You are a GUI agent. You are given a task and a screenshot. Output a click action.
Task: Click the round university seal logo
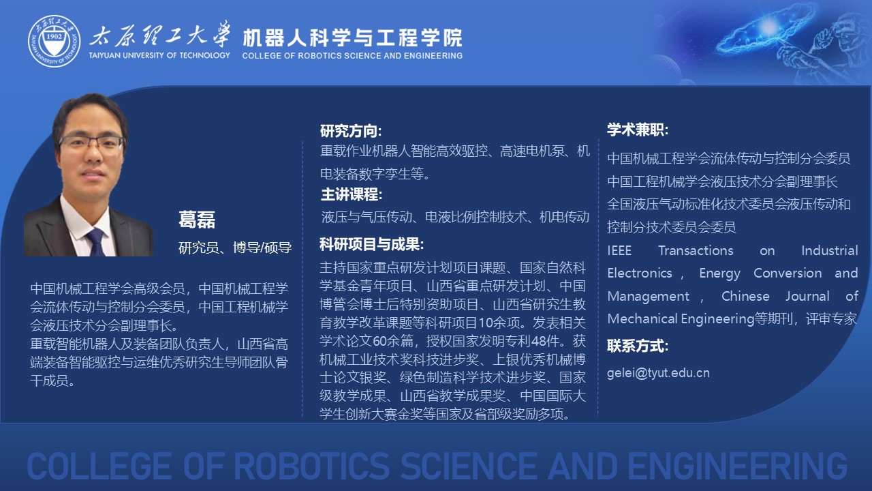[54, 41]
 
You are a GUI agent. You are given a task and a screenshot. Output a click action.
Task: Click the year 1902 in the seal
[54, 36]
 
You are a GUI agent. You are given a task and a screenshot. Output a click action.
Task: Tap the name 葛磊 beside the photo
[197, 220]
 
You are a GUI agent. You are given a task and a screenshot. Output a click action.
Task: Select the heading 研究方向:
[351, 131]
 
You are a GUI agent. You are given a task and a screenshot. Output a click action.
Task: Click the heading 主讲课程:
[351, 194]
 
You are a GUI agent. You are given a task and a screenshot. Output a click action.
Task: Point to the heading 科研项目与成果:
[371, 244]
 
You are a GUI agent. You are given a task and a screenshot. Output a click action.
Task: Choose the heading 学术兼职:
[638, 130]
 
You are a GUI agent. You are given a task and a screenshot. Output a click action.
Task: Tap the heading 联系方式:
[638, 346]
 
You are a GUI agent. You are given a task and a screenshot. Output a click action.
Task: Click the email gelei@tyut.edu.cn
[658, 373]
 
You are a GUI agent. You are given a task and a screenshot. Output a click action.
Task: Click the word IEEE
[619, 250]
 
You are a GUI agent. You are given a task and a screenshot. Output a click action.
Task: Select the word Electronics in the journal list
[640, 273]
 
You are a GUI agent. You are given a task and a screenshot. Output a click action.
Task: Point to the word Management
[648, 297]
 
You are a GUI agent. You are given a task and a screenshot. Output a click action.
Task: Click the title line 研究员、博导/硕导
[235, 248]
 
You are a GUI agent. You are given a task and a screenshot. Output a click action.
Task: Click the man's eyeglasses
[92, 143]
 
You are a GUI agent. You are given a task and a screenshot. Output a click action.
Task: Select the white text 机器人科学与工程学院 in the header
[352, 38]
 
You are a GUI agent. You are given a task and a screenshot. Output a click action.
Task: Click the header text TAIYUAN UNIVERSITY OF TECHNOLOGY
[159, 55]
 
